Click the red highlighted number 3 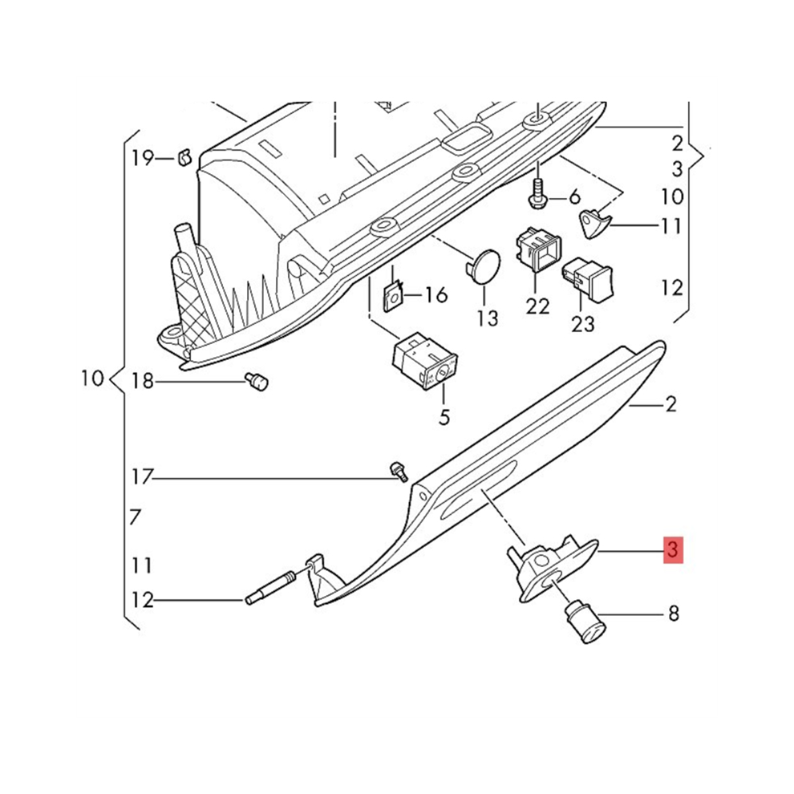click(674, 550)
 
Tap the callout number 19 click(143, 159)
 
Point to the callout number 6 click(574, 196)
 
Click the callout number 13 click(488, 318)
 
